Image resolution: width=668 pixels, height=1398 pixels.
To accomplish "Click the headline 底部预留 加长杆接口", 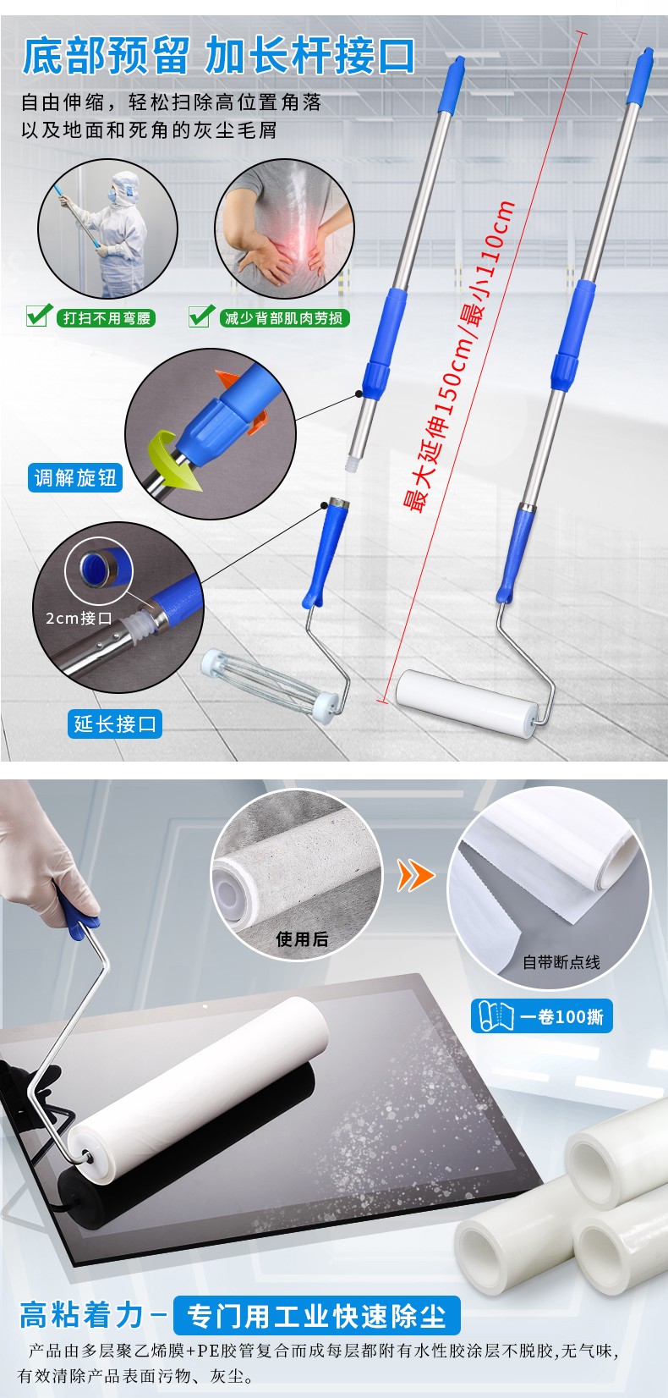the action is [219, 56].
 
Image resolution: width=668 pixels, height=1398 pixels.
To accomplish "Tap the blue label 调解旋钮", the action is [75, 478].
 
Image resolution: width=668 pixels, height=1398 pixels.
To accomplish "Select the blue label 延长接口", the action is [115, 724].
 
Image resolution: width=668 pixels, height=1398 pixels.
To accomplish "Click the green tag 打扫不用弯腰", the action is [107, 318].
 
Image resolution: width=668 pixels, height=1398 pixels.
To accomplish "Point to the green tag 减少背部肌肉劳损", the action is [284, 318].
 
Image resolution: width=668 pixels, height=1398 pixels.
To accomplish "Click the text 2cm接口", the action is [79, 618].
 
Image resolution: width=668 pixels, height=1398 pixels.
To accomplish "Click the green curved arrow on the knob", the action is [172, 459].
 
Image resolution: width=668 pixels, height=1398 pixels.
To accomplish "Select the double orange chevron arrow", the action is [415, 874].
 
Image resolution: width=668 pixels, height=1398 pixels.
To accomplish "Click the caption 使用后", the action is [302, 938].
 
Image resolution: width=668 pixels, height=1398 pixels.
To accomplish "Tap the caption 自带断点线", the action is [561, 961].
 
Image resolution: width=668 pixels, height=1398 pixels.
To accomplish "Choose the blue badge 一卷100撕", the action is [541, 1016].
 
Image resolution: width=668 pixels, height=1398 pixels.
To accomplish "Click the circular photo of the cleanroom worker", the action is [108, 228].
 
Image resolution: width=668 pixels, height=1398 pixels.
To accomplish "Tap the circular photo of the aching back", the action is [284, 228].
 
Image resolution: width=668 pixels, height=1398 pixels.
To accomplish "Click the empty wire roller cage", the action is [271, 685].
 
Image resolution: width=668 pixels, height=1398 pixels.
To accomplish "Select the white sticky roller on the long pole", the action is [467, 702].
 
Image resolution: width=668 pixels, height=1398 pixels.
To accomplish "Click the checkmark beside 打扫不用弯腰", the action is [39, 315].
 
